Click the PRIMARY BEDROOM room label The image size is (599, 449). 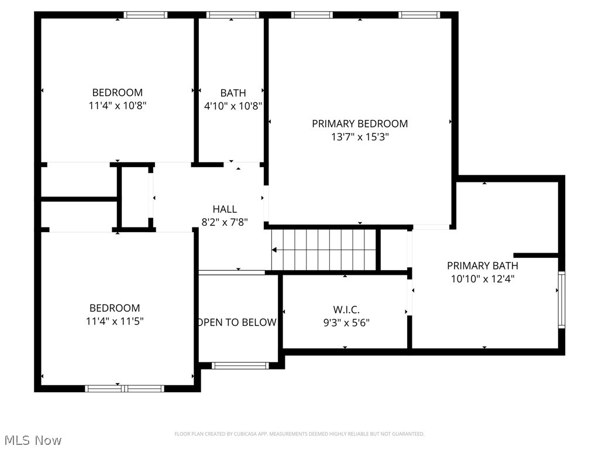360,123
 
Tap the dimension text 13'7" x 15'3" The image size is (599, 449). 360,137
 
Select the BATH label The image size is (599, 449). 233,93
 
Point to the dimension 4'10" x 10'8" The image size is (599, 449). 233,106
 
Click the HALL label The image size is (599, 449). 225,209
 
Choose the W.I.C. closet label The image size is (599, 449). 346,309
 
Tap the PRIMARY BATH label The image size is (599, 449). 483,265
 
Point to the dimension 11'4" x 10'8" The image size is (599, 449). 117,106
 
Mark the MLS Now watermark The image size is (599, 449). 32,440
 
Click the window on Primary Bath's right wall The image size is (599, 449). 562,299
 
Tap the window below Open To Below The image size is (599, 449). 240,365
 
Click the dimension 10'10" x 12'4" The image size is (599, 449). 483,279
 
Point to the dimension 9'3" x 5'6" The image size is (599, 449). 346,322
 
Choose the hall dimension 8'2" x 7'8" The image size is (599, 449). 225,222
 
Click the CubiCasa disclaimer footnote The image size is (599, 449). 299,434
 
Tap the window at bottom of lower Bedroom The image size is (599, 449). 125,388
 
